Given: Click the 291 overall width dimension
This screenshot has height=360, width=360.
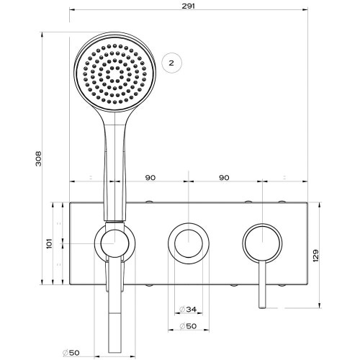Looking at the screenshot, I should click(190, 6).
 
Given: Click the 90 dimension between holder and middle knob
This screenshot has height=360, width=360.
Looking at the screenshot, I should click(150, 176).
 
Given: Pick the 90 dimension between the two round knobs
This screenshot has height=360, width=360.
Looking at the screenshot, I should click(223, 176).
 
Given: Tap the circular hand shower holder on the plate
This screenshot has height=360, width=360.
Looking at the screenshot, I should click(113, 243).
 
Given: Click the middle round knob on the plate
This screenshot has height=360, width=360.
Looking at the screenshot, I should click(186, 243).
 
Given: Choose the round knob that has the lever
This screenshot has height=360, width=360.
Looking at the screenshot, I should click(262, 243).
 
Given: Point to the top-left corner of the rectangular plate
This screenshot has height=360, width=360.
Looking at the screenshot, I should click(70, 202).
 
